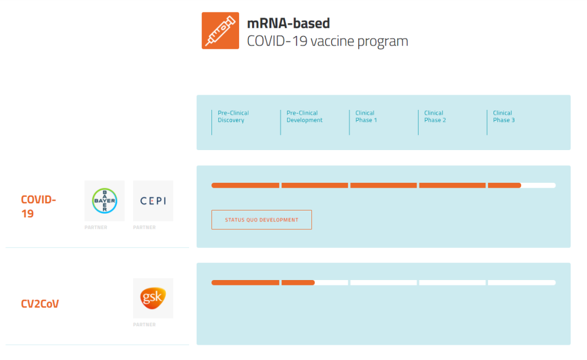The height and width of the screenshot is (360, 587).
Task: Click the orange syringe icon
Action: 220,30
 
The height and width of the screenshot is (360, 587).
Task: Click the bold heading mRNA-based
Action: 288,23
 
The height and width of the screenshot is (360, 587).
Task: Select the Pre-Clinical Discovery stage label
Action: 233,116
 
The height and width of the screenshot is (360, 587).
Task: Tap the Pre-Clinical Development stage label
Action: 304,116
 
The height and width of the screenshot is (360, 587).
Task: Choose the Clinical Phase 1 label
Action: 366,116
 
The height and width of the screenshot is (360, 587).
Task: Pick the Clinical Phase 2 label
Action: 435,116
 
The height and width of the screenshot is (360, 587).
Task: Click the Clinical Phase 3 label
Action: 504,116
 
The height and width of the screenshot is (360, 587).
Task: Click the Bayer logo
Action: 104,201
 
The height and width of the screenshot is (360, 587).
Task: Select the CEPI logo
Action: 153,201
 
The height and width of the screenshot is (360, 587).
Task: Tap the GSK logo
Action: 153,298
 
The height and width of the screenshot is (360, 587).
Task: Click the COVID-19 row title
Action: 38,207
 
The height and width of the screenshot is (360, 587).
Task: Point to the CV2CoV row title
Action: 40,303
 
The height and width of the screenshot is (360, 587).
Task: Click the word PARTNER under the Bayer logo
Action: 96,227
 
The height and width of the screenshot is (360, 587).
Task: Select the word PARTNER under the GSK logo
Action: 145,325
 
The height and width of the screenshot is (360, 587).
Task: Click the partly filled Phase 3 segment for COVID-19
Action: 522,185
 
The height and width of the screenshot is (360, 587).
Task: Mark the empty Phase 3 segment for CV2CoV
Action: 522,282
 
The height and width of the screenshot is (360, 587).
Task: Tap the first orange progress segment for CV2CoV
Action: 245,282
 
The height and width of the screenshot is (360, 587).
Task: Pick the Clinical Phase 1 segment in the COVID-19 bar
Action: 383,185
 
